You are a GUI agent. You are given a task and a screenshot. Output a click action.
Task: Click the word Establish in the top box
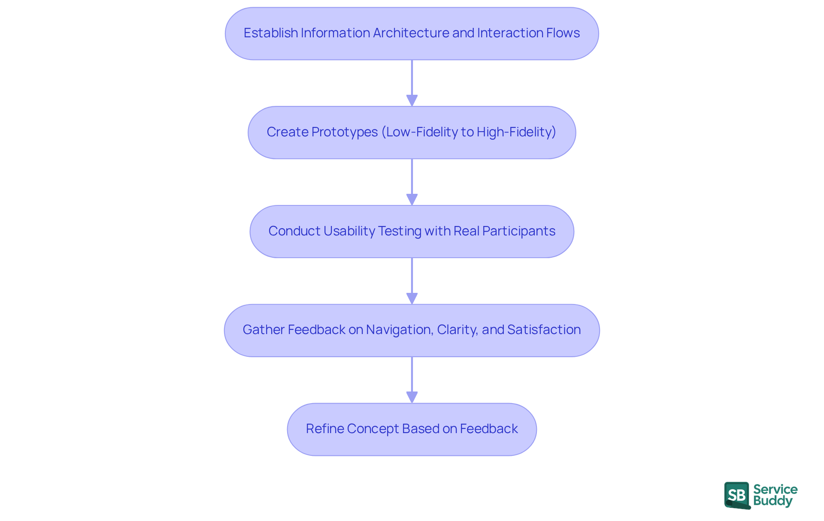pos(270,33)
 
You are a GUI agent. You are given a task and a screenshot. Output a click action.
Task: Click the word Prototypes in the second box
pos(344,132)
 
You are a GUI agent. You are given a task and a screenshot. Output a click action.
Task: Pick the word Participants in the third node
pos(518,231)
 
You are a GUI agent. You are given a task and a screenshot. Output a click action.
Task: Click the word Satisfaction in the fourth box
pos(544,330)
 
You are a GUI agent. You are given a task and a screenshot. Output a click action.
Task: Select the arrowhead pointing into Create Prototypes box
pos(412,101)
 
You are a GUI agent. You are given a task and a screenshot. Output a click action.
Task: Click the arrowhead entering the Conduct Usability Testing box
pos(412,200)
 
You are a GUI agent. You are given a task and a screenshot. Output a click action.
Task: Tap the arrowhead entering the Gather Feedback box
pos(412,298)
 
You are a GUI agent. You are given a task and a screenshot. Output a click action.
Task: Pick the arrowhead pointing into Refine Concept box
pos(412,398)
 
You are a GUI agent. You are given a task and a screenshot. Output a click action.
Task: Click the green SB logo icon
pos(737,495)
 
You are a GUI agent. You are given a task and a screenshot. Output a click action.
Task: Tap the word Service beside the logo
pos(775,489)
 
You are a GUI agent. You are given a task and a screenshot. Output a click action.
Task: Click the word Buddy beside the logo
pos(772,501)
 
